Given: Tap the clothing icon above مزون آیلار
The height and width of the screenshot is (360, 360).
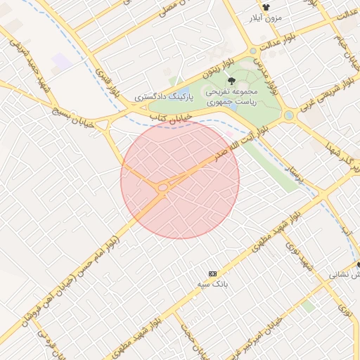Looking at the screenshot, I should click(x=266, y=6).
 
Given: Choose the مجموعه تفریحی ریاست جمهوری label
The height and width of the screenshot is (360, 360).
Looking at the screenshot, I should click(x=233, y=96).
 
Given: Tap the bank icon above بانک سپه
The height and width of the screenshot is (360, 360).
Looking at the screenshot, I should click(x=212, y=273).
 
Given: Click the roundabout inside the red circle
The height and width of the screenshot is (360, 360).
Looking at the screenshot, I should click(x=163, y=187).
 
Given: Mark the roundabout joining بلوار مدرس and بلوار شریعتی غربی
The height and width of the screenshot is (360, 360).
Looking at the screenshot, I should click(x=288, y=115).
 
